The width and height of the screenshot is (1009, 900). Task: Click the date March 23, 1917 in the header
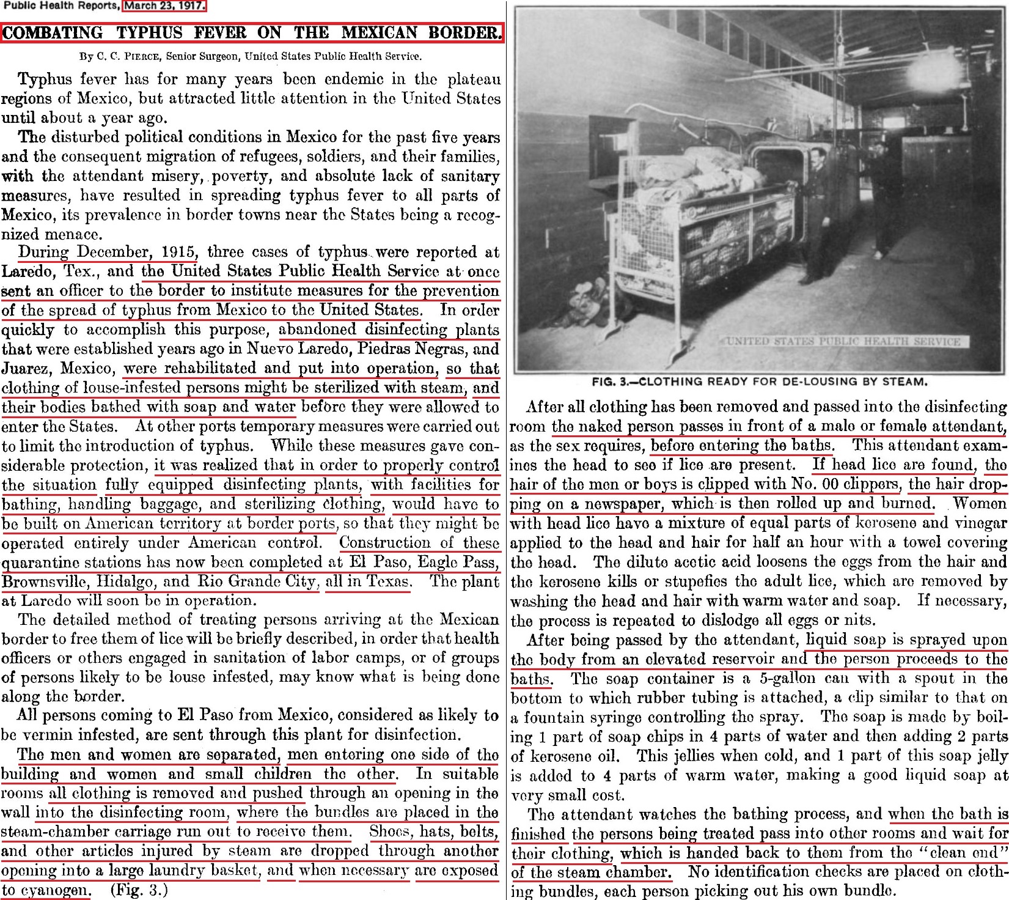point(165,6)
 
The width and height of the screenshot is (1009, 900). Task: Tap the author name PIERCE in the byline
point(138,56)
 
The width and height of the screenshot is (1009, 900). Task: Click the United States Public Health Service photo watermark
point(843,341)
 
